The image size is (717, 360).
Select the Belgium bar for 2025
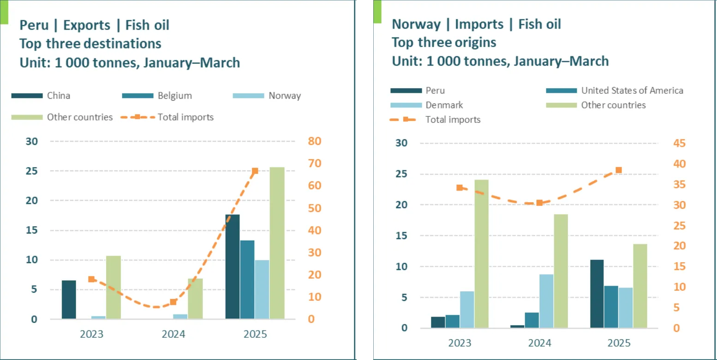(x=247, y=280)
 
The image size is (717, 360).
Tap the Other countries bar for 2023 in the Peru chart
(x=113, y=287)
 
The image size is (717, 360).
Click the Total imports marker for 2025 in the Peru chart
(x=255, y=171)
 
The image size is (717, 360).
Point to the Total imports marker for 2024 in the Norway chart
(x=539, y=203)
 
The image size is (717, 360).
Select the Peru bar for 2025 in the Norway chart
(x=597, y=294)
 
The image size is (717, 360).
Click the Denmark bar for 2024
(x=546, y=301)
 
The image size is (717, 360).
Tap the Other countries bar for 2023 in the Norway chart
(x=481, y=254)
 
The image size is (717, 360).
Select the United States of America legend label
(x=632, y=90)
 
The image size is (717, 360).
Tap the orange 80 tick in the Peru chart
(x=314, y=141)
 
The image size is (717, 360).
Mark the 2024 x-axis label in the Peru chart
(x=173, y=334)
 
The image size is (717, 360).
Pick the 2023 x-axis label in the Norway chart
(x=460, y=343)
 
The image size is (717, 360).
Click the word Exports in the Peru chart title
(x=87, y=25)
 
